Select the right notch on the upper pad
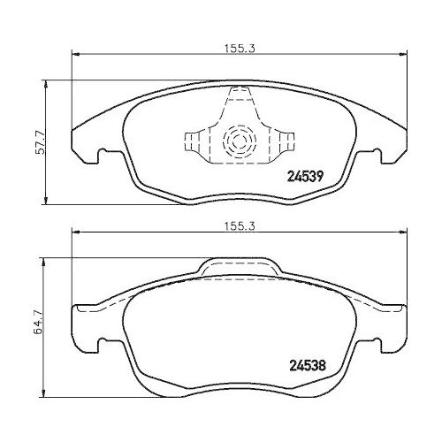[376, 156]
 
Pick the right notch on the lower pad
[376, 342]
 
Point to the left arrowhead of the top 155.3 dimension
[75, 55]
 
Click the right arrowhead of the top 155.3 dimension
[407, 55]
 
